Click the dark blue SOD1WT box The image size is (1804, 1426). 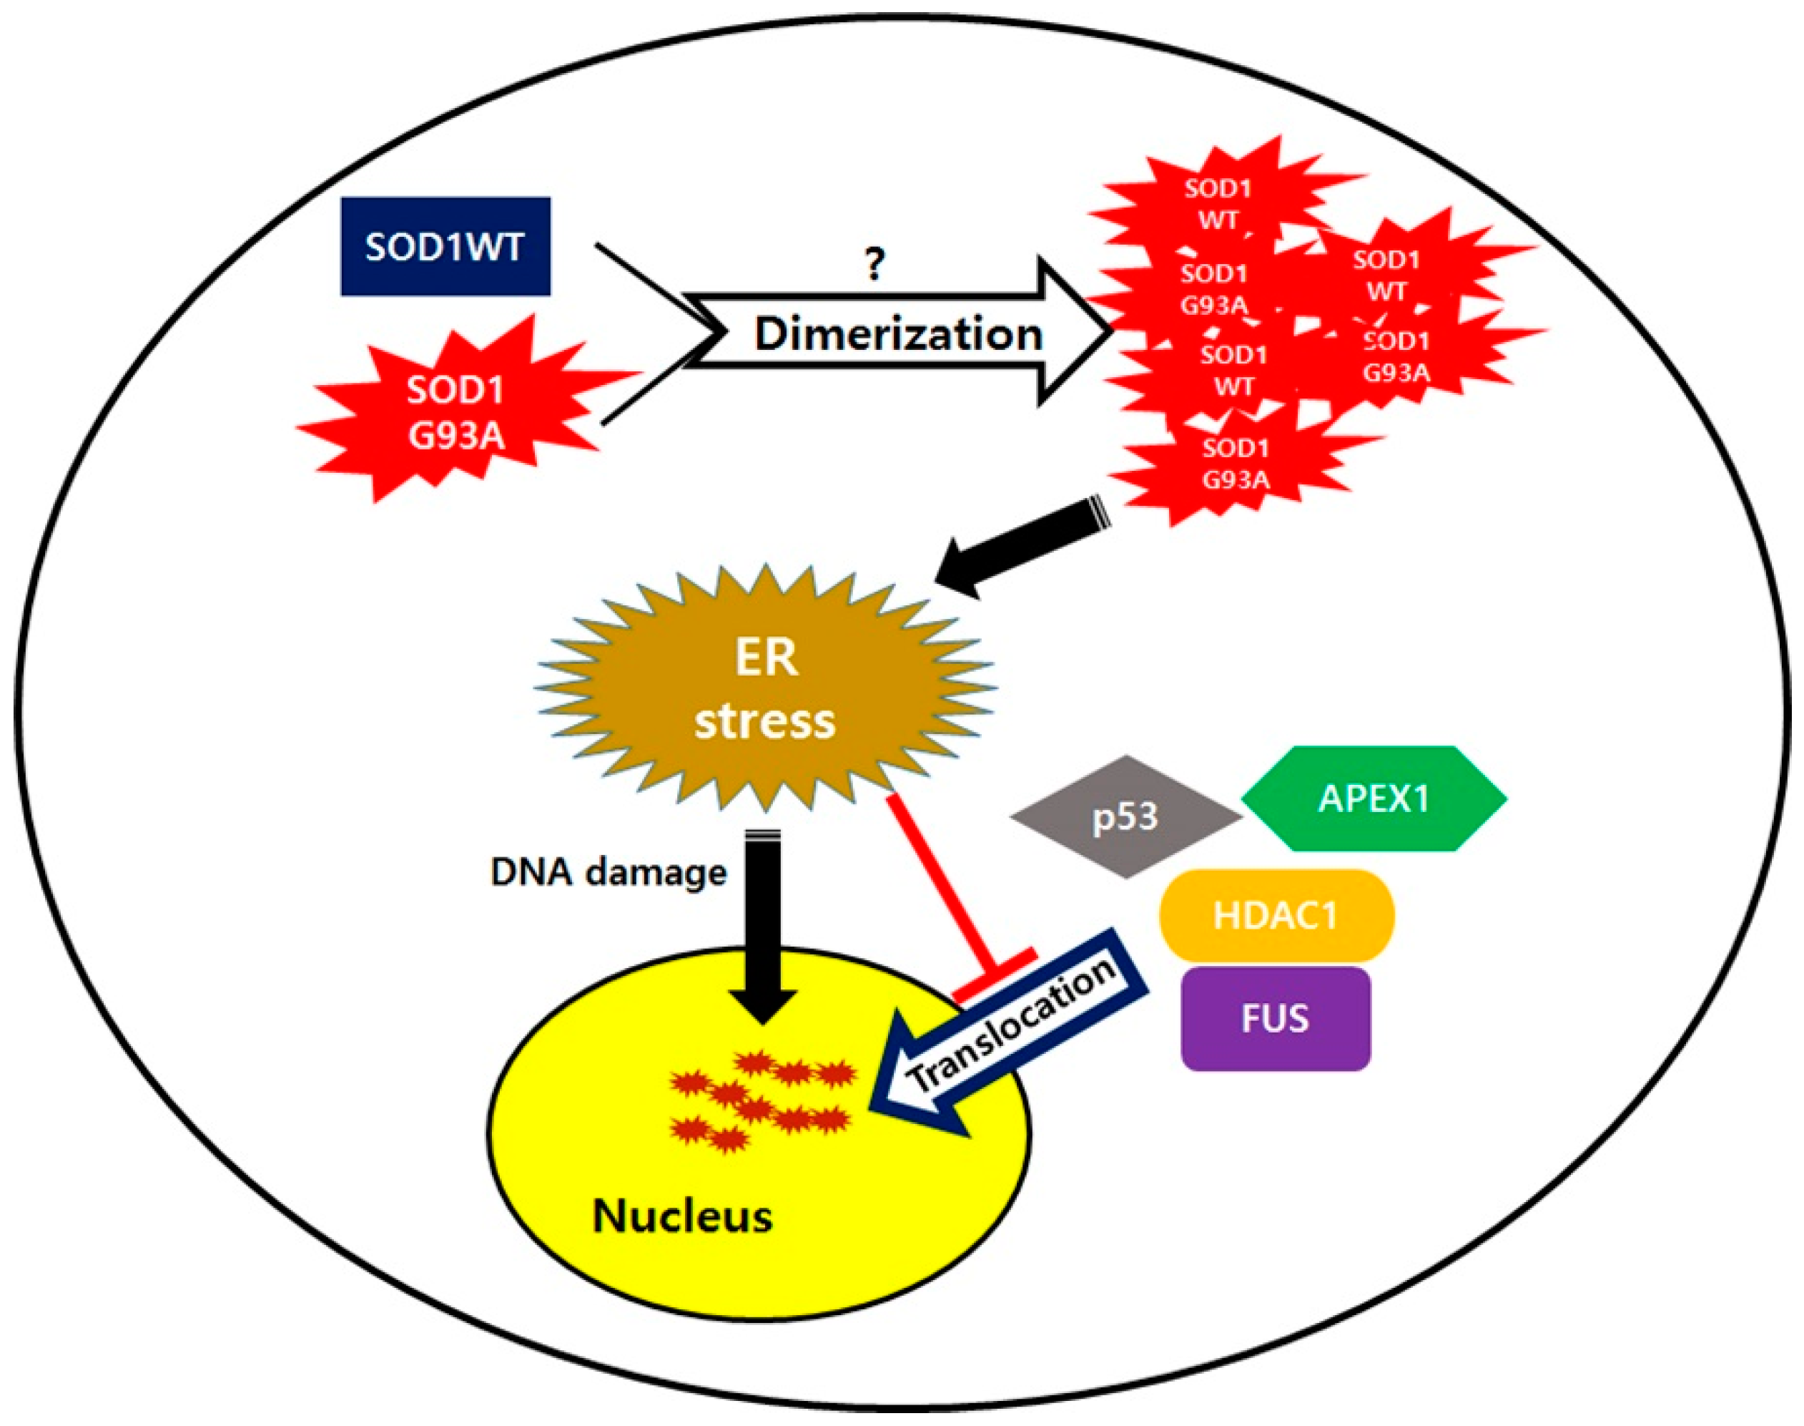click(x=445, y=247)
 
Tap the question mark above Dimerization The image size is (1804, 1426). click(x=874, y=265)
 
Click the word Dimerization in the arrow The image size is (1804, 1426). click(x=898, y=334)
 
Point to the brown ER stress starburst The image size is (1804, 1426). click(x=765, y=690)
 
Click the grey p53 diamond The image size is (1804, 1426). click(x=1125, y=816)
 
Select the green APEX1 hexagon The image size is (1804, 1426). click(x=1374, y=799)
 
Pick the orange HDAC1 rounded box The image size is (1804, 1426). click(x=1276, y=916)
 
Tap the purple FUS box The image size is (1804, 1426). click(x=1275, y=1019)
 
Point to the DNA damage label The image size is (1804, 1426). click(x=608, y=872)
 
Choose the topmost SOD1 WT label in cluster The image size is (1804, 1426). click(x=1219, y=204)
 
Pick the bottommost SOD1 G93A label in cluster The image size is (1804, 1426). click(x=1236, y=464)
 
